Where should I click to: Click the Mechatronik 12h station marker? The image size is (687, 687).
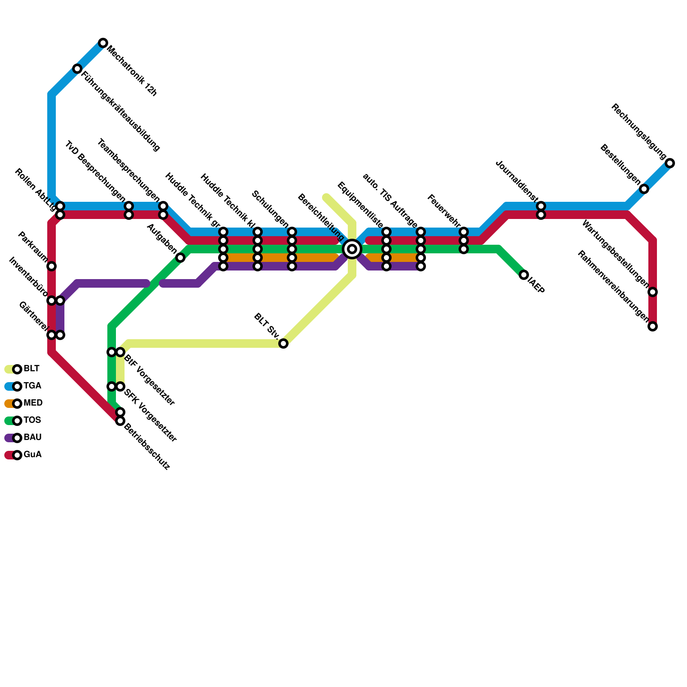103,43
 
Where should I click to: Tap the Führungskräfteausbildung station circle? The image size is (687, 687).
77,69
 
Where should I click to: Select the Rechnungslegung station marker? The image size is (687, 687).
670,163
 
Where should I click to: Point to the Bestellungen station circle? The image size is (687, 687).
644,189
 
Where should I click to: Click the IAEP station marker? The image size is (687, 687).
524,275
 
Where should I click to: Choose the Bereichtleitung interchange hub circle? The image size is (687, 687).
352,249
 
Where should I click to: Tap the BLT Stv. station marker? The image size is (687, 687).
283,343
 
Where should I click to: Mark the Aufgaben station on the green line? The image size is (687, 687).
180,258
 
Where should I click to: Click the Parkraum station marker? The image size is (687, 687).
52,266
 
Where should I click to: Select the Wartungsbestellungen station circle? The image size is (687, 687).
653,292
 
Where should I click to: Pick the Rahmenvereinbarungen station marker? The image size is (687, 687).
653,326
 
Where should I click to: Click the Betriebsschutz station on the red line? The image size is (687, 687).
120,421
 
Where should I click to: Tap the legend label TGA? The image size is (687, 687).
32,386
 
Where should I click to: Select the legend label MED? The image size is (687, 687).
33,403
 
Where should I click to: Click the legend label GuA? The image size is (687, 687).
33,455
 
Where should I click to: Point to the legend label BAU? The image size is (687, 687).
33,438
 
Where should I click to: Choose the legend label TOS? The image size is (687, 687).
32,420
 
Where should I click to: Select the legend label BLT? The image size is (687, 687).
31,369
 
